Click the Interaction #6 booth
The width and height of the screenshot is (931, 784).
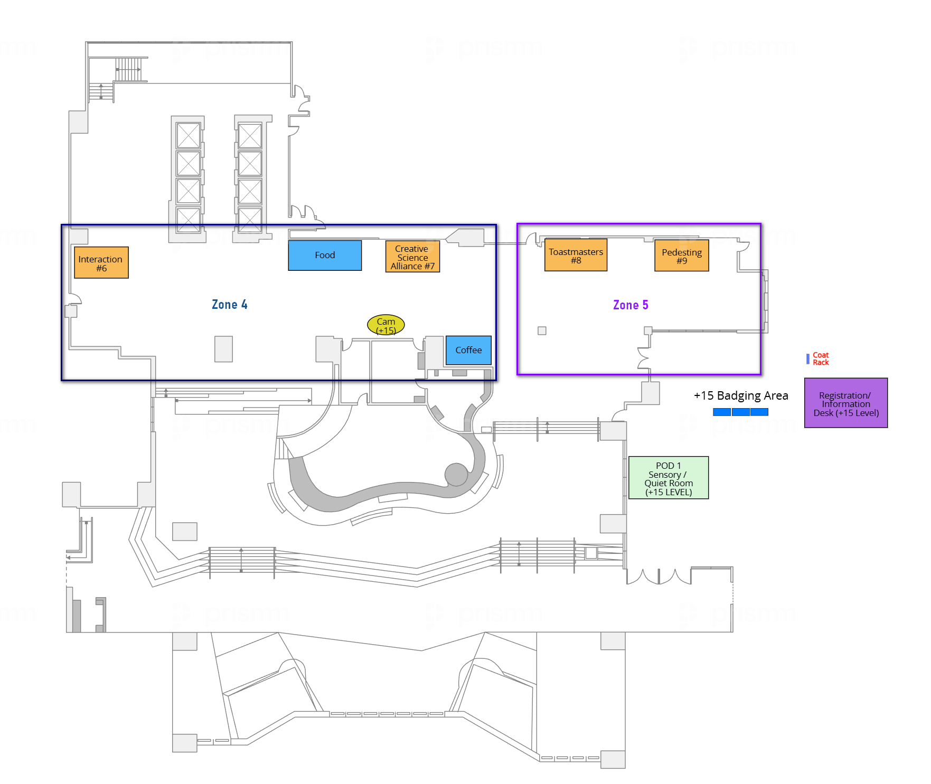(101, 262)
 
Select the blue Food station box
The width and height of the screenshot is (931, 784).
(325, 256)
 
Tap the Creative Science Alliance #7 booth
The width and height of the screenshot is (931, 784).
(412, 257)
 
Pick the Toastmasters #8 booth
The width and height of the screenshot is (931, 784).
(576, 256)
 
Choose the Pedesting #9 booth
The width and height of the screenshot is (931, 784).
(681, 256)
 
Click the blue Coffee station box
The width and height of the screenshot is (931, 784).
(468, 350)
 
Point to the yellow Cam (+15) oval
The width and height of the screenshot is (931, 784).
(386, 325)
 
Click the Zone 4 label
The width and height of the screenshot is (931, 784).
(229, 305)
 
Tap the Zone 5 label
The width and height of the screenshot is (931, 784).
(631, 305)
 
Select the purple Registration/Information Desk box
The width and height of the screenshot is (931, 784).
(845, 403)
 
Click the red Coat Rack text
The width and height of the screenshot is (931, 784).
(821, 359)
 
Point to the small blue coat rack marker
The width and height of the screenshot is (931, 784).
(808, 359)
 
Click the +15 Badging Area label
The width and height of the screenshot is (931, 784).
(740, 395)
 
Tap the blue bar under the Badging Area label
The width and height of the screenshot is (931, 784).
(740, 412)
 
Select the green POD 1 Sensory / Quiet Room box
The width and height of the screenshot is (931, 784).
(669, 478)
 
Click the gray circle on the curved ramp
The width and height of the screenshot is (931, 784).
(456, 474)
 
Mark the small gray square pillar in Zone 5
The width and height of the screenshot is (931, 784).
(542, 330)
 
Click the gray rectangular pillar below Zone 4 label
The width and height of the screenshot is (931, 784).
(223, 349)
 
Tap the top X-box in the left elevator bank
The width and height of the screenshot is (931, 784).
(189, 136)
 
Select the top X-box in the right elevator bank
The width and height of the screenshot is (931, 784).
(250, 136)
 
